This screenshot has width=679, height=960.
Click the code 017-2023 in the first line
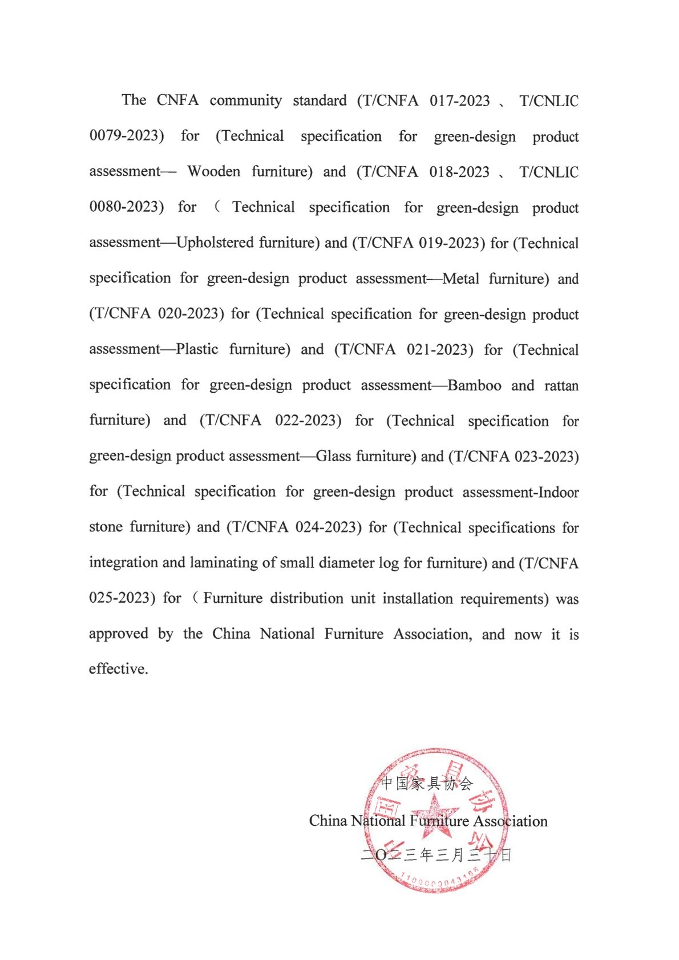[459, 101]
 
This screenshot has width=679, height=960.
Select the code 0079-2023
[126, 136]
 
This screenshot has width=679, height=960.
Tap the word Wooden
[213, 172]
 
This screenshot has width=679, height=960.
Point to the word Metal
[460, 279]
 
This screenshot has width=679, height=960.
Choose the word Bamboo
[474, 385]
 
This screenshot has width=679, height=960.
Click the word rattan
[561, 386]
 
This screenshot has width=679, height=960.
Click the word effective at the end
[118, 669]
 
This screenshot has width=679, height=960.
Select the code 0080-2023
[126, 207]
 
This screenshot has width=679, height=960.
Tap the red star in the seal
[435, 815]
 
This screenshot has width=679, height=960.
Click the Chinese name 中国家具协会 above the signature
[427, 784]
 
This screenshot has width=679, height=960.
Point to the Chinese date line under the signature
[436, 854]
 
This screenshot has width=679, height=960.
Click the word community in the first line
[245, 101]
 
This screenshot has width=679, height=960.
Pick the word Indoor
[559, 492]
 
